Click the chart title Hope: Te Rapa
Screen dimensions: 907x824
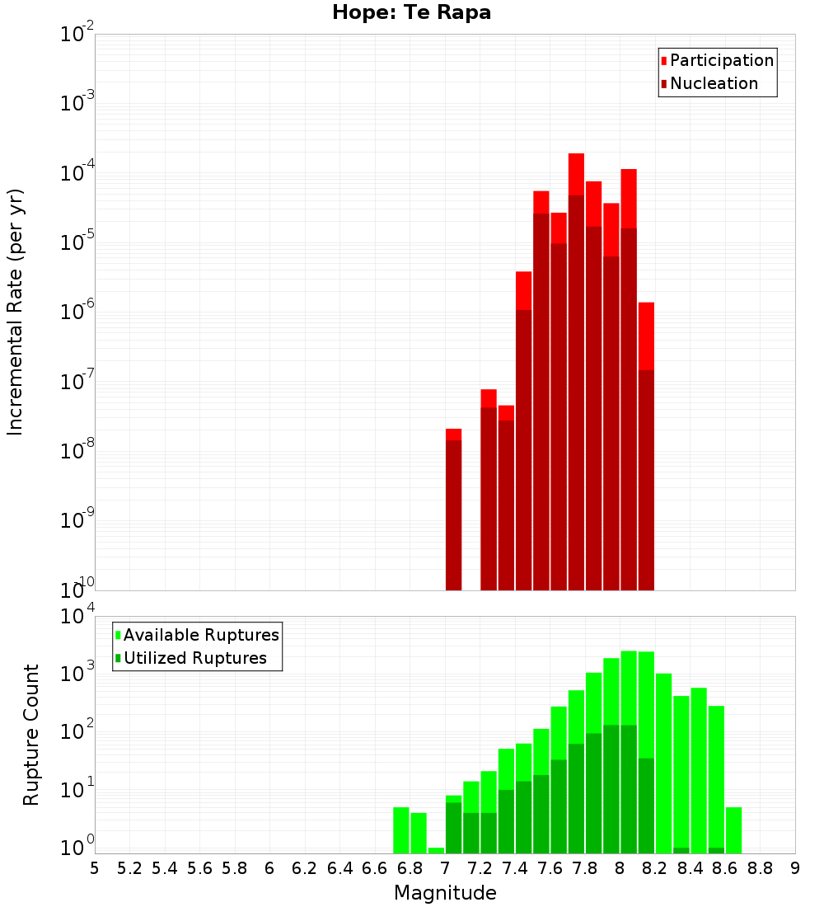[411, 13]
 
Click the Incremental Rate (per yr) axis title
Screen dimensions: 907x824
[16, 313]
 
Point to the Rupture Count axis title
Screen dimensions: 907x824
[31, 735]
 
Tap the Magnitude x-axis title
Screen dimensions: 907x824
[445, 893]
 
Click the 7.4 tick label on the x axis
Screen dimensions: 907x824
[515, 868]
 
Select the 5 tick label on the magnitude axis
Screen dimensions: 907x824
[95, 868]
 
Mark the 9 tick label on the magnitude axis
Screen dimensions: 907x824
[795, 868]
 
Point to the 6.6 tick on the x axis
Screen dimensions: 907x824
[375, 868]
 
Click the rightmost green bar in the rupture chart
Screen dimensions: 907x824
[733, 830]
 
